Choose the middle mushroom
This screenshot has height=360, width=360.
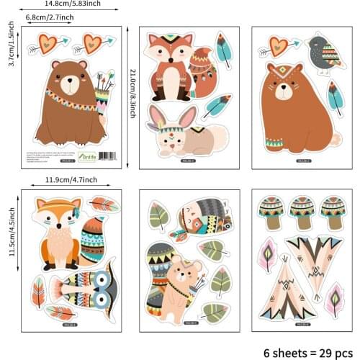pos(302,212)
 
